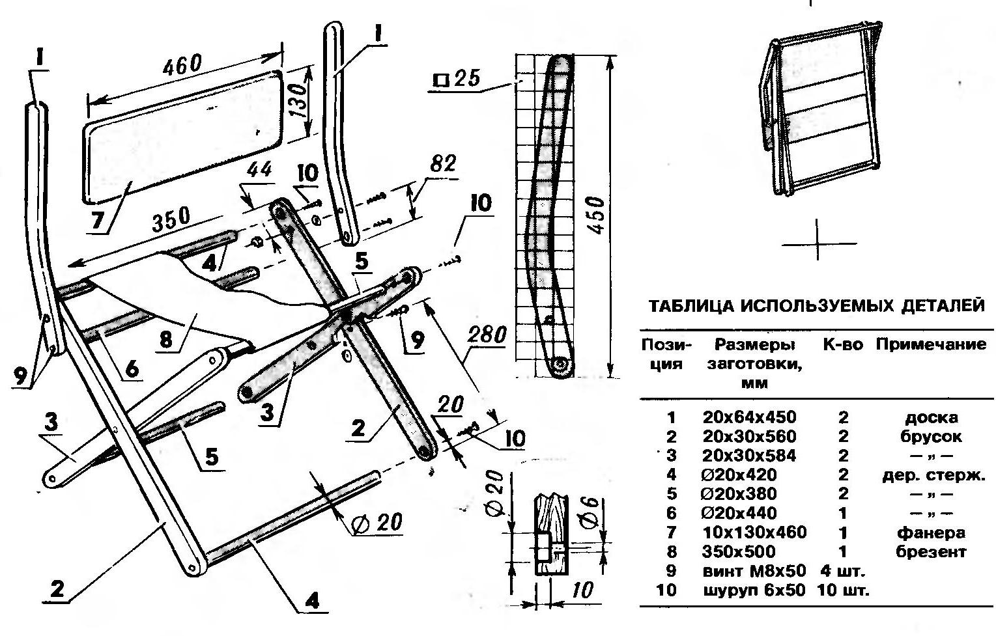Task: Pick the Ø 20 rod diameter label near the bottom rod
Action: tap(376, 523)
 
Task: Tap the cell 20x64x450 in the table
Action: tap(749, 417)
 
